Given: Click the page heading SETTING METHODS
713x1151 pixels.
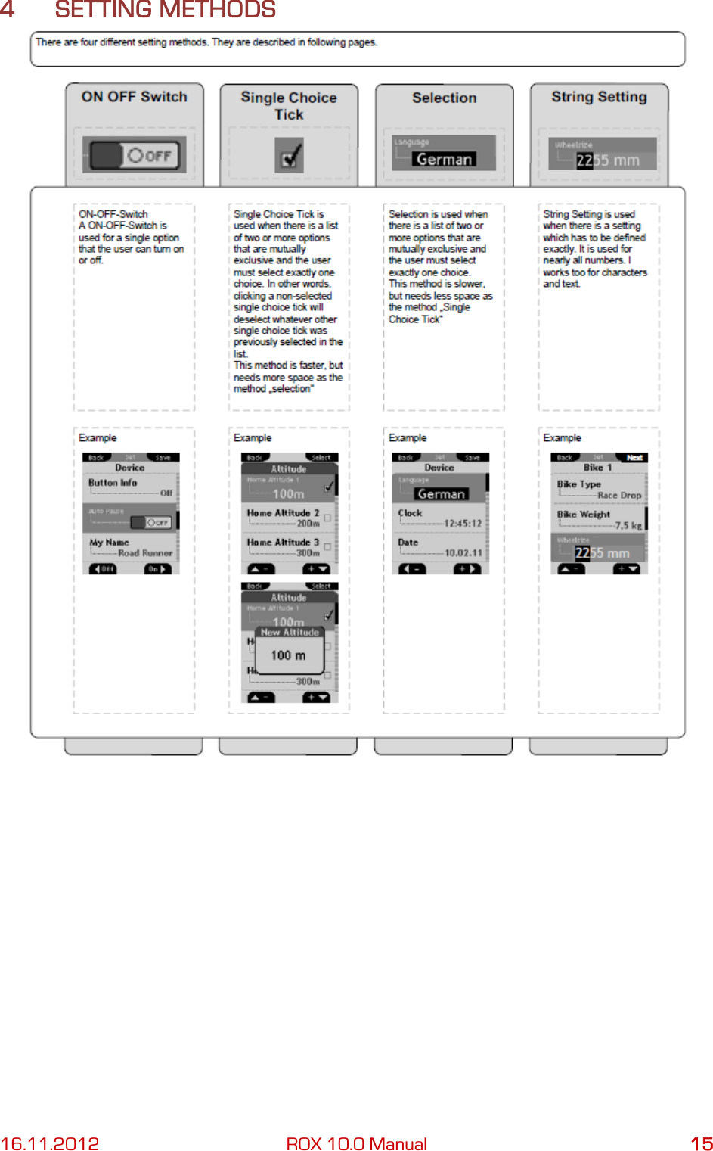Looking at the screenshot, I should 165,11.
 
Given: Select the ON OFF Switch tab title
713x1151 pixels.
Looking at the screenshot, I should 135,97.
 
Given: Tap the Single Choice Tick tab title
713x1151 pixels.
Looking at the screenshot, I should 288,106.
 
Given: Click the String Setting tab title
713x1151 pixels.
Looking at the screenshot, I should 599,97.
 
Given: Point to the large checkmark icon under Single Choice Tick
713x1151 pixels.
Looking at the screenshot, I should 290,157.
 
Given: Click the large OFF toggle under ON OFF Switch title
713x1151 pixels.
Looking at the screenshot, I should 135,156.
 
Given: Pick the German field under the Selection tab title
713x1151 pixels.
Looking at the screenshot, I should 444,160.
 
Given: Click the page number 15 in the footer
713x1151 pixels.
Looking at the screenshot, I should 701,1143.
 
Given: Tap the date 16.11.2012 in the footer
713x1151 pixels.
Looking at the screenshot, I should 50,1143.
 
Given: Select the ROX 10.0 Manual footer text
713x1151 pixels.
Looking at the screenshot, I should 356,1143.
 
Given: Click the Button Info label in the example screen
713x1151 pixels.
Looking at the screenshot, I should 113,483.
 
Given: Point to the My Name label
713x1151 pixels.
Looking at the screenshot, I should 109,543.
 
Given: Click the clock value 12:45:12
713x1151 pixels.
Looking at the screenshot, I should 463,524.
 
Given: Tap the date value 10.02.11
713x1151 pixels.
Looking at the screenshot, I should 463,553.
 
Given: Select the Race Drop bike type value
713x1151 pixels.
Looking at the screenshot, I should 618,496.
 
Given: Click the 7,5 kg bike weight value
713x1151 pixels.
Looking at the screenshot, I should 628,525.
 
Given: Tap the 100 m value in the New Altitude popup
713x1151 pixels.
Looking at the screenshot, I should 288,655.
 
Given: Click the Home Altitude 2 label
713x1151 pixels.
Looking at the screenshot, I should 283,513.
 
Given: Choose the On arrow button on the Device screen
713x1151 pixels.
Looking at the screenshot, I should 157,569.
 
